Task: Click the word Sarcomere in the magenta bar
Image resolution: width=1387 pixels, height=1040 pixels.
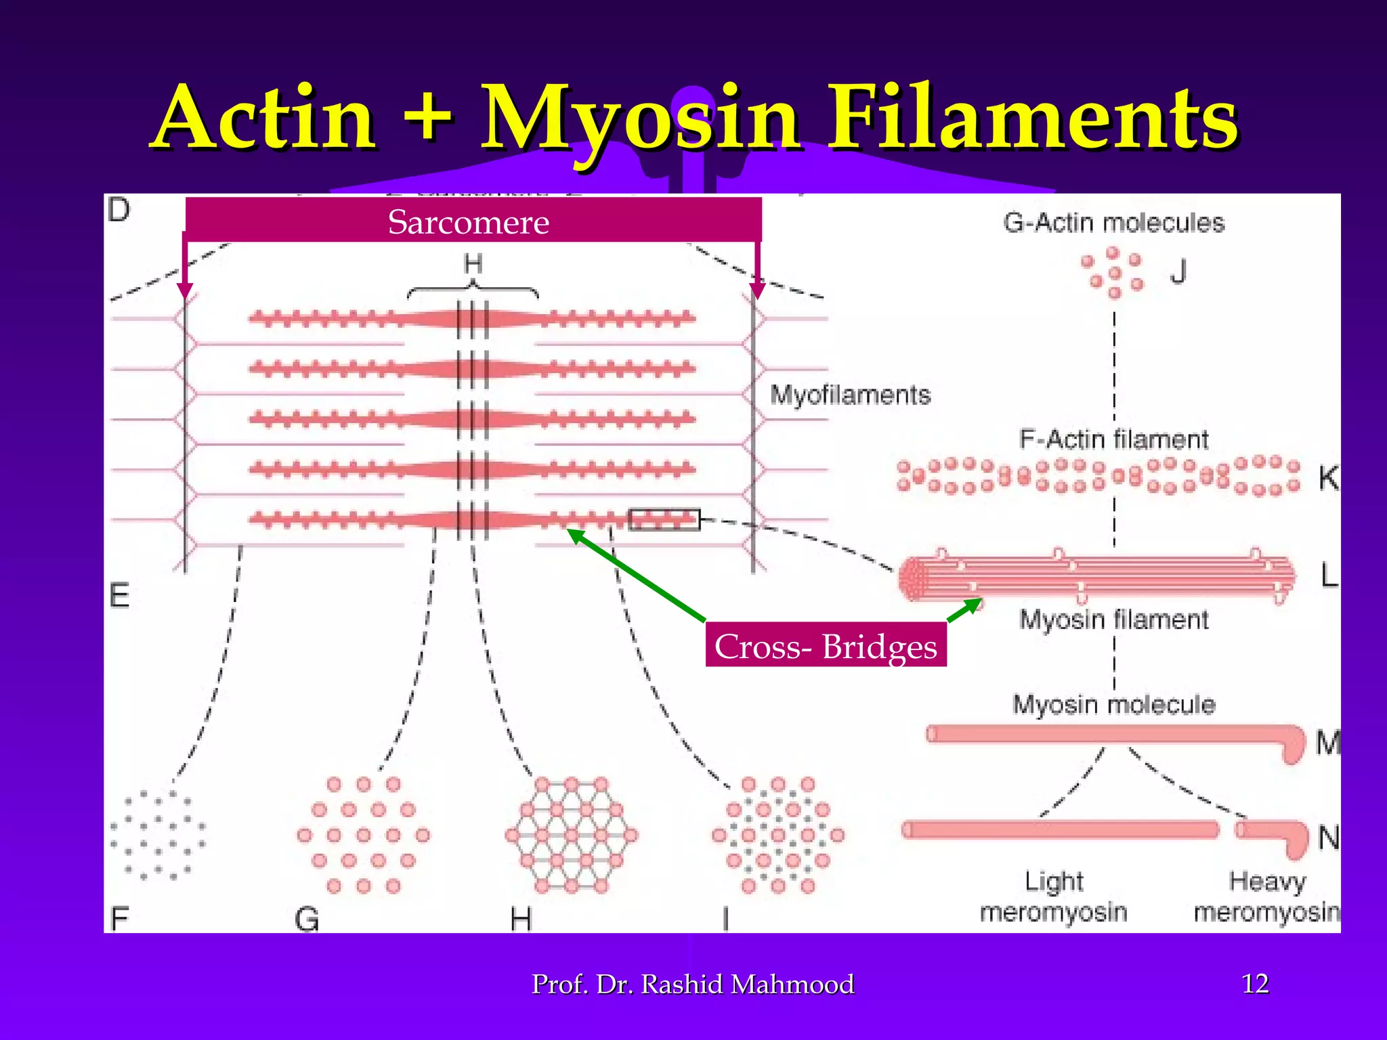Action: [469, 222]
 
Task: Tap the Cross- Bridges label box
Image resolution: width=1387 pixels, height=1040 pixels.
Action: [826, 645]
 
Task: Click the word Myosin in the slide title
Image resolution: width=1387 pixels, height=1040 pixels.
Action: [640, 118]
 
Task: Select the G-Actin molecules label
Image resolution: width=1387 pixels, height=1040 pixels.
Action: [1113, 223]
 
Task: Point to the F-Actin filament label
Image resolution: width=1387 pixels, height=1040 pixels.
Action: [1113, 440]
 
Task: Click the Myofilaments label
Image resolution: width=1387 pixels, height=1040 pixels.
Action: [850, 395]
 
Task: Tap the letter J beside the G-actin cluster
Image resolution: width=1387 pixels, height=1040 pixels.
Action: [1178, 272]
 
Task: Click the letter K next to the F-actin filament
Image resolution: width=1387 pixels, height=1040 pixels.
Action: [1327, 478]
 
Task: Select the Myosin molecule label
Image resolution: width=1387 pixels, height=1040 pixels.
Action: [1113, 704]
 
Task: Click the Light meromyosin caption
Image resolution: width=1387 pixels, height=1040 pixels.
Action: [1054, 896]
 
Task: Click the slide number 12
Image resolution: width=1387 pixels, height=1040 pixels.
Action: [1255, 983]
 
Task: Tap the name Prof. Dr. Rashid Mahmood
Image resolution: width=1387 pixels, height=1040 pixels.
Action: [693, 984]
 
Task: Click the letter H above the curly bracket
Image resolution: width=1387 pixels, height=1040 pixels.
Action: [473, 264]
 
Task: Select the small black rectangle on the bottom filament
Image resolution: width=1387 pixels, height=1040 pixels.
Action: [664, 519]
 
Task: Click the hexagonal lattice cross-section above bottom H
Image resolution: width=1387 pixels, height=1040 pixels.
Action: [571, 836]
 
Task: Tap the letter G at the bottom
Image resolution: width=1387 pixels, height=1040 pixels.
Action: [307, 919]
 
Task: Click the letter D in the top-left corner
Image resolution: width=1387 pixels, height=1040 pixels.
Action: [119, 211]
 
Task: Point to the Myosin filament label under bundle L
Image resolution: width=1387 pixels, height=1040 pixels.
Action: [1113, 620]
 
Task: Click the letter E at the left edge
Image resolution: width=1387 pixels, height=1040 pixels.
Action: [119, 596]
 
